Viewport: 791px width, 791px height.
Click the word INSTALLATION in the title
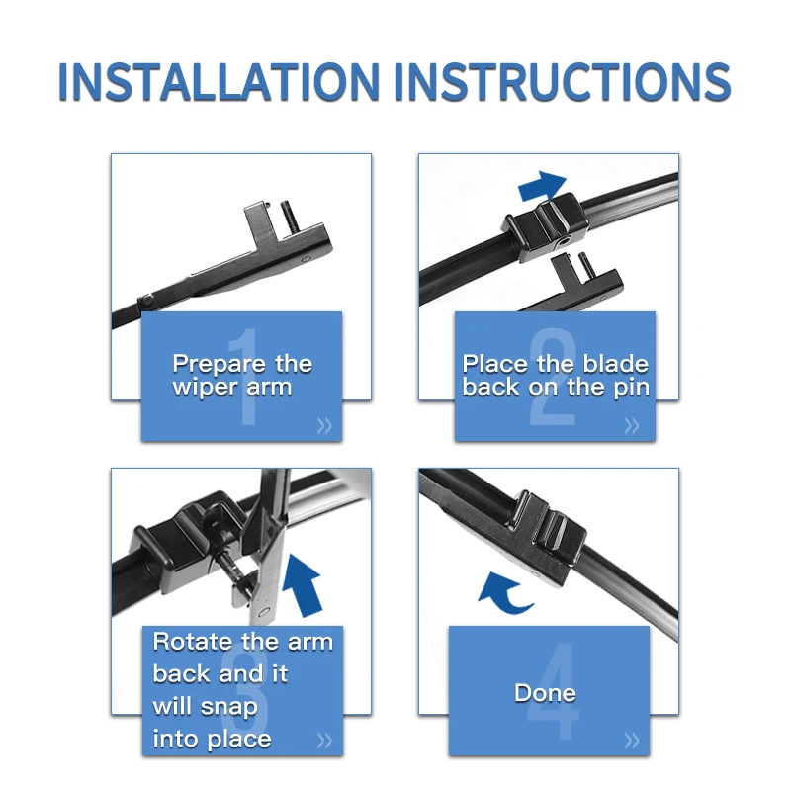219,82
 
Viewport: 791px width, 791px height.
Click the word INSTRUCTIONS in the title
562,82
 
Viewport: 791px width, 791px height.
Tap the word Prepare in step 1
220,365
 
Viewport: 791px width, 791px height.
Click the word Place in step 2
494,364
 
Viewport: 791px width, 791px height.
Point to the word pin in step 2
631,388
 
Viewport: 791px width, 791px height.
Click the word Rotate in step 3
193,642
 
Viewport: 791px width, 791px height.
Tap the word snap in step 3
229,707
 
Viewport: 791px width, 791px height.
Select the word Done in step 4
545,693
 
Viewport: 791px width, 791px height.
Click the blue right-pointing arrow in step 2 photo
542,185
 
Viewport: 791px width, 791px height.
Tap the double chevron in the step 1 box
324,426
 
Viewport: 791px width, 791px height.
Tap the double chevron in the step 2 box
632,426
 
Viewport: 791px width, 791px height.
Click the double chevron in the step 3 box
324,741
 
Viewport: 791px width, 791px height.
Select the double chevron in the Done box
632,741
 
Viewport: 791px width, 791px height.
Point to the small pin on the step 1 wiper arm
287,216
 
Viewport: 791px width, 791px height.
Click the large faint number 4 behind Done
554,690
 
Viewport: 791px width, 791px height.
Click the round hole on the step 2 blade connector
563,243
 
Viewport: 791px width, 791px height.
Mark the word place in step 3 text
239,740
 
